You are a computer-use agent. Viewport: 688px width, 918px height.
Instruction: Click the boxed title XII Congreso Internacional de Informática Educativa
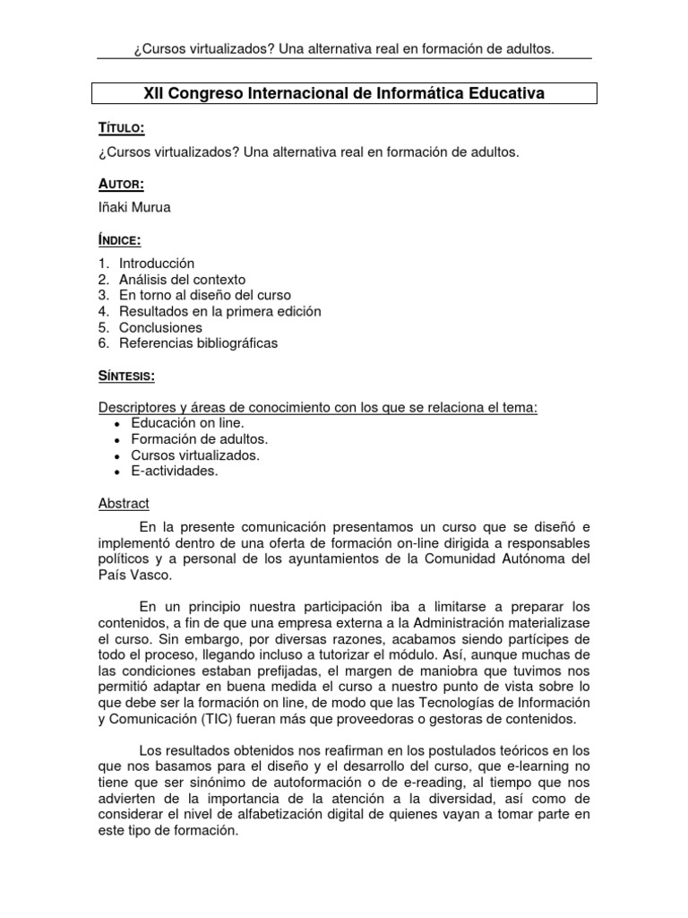tap(344, 92)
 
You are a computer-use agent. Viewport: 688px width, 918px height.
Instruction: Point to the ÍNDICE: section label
tap(120, 240)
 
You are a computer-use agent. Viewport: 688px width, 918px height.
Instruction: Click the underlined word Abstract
tap(124, 504)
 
